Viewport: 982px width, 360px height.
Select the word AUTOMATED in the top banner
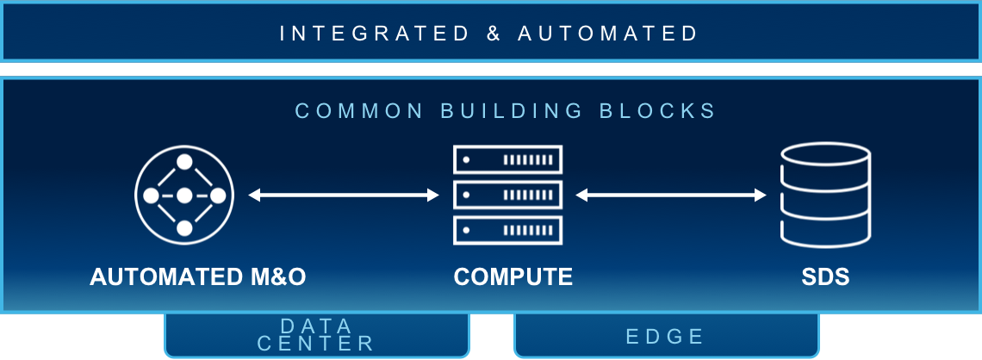click(608, 34)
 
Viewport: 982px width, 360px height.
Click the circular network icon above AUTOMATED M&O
click(184, 196)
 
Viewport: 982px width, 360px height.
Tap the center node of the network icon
click(184, 196)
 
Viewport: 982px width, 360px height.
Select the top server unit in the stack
click(507, 159)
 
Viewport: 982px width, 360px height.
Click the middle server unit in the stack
click(507, 195)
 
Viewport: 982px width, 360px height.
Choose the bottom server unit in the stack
click(507, 230)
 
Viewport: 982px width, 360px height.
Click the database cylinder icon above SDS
click(825, 196)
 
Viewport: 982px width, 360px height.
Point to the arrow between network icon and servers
click(344, 196)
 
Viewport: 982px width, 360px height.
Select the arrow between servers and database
click(671, 196)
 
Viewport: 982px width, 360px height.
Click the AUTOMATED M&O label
click(198, 276)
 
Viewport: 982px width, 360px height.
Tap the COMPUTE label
click(513, 276)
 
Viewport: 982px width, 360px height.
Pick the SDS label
click(824, 276)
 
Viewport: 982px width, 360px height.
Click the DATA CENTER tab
click(316, 335)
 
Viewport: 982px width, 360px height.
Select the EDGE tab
click(666, 336)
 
